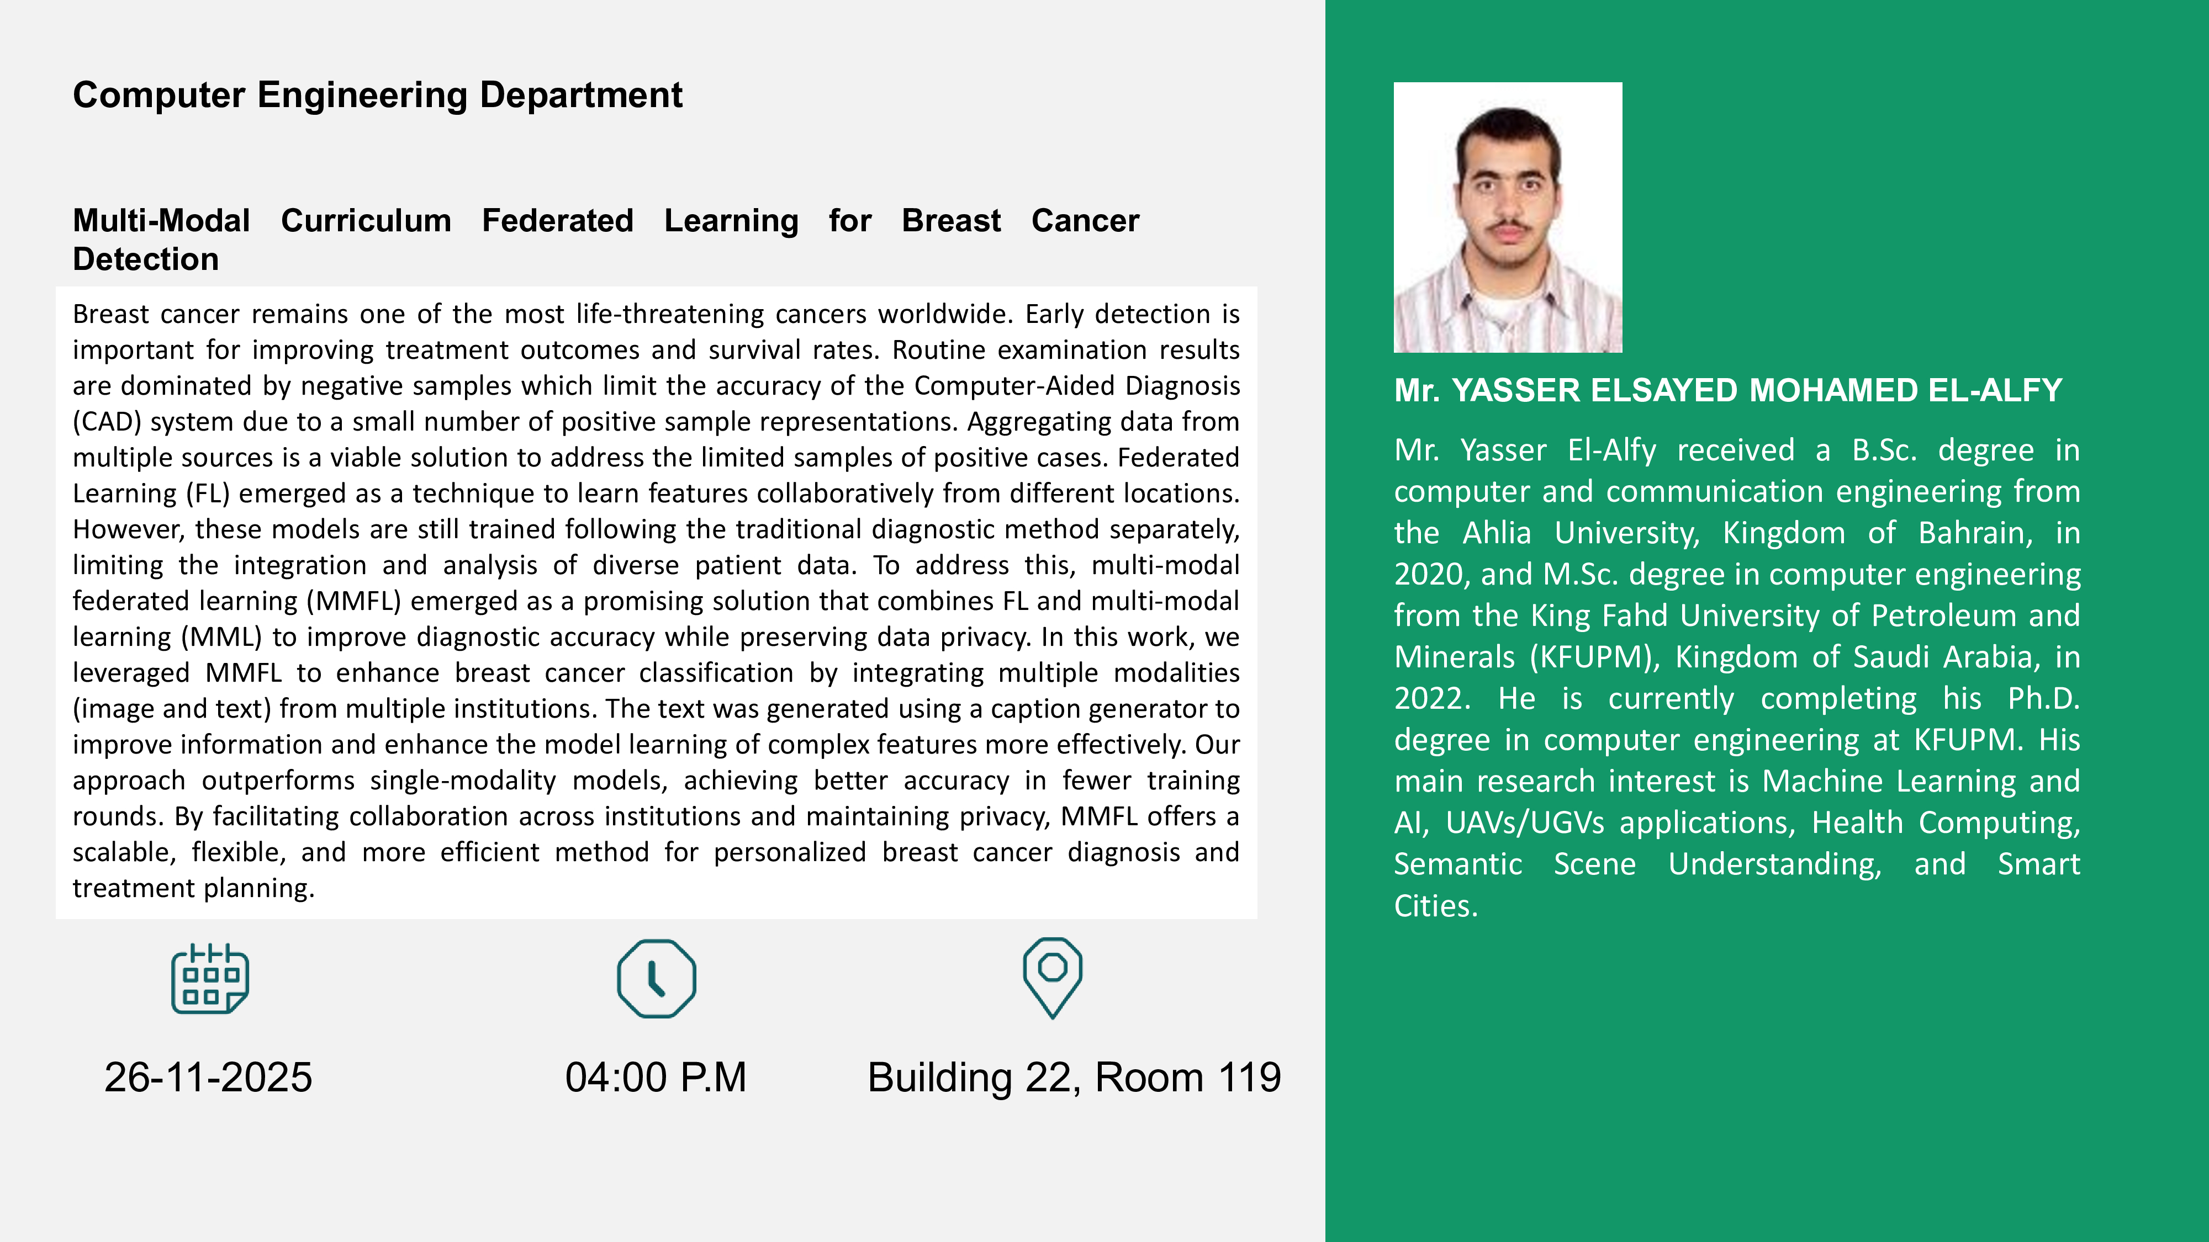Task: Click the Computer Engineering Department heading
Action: pyautogui.click(x=377, y=95)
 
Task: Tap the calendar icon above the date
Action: pyautogui.click(x=210, y=979)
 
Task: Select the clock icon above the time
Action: pyautogui.click(x=657, y=979)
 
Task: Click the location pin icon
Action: pyautogui.click(x=1052, y=977)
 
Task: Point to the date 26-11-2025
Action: pyautogui.click(x=208, y=1078)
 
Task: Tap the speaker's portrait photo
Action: pyautogui.click(x=1508, y=217)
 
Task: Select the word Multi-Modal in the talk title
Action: pyautogui.click(x=161, y=221)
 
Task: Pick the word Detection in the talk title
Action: pyautogui.click(x=146, y=259)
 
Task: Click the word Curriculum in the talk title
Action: pyautogui.click(x=366, y=221)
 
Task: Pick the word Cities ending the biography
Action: pyautogui.click(x=1435, y=906)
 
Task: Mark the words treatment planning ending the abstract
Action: pyautogui.click(x=194, y=889)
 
